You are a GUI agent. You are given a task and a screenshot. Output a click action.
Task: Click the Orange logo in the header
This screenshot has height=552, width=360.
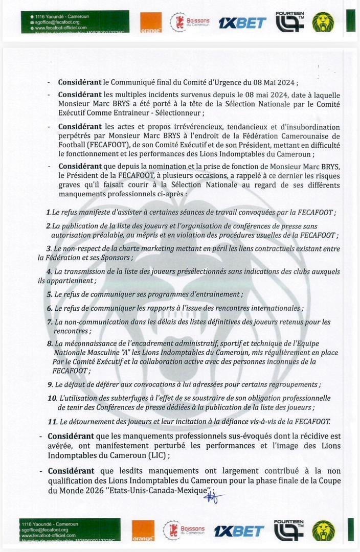[x=151, y=22]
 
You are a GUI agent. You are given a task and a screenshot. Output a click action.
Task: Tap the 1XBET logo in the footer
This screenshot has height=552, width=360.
[x=239, y=531]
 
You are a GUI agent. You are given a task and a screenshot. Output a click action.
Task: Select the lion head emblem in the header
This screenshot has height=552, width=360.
[x=323, y=22]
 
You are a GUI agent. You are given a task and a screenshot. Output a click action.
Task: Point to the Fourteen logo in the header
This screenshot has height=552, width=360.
[x=289, y=21]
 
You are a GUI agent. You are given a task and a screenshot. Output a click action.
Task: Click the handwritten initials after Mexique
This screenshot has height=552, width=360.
[x=211, y=494]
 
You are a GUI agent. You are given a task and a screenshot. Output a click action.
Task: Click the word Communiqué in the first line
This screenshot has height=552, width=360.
[x=134, y=82]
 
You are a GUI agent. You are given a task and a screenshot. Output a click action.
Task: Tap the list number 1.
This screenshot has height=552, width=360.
[x=48, y=212]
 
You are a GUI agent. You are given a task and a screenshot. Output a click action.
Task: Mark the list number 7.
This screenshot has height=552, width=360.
[x=50, y=322]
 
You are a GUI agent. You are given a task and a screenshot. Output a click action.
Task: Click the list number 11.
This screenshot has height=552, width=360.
[x=51, y=422]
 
